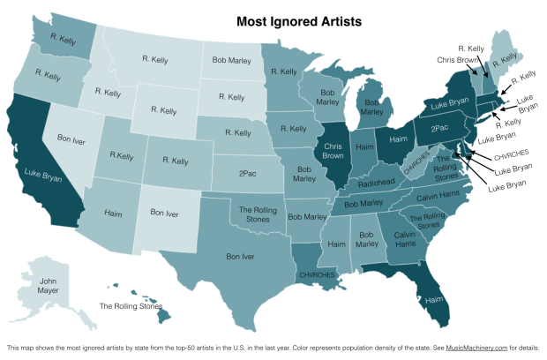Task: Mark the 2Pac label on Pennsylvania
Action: [441, 129]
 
